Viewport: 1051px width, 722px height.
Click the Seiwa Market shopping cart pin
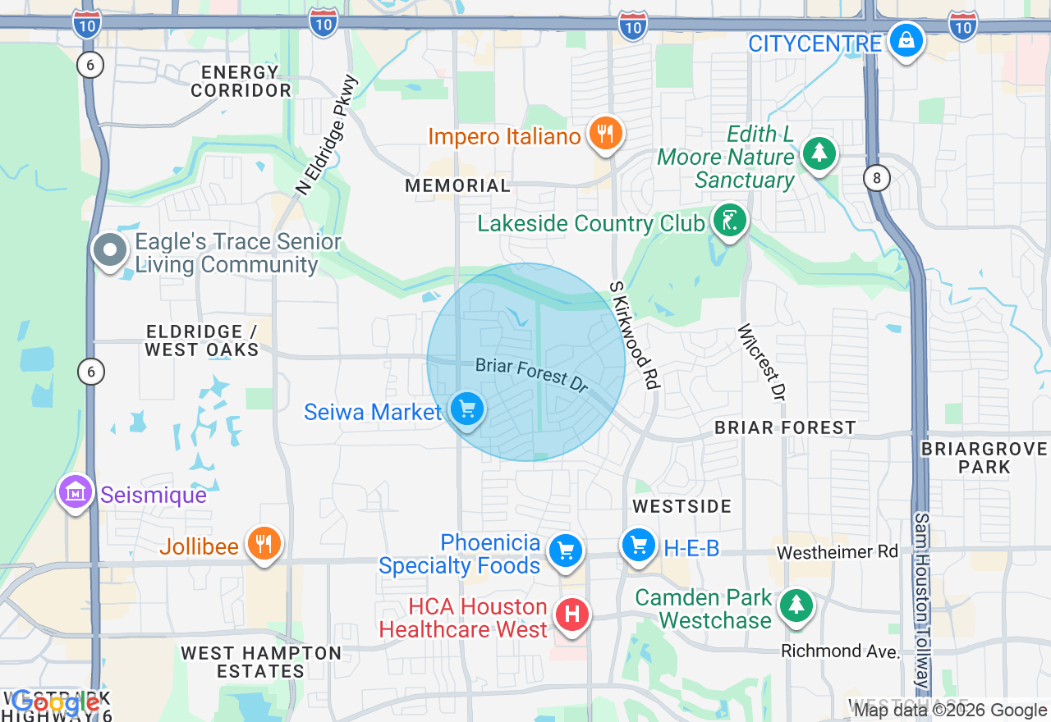pos(467,408)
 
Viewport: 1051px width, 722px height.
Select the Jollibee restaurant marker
pos(264,543)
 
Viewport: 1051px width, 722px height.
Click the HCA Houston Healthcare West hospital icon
pos(572,615)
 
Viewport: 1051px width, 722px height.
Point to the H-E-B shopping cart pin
pos(638,546)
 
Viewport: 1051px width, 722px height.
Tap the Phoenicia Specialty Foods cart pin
pos(565,551)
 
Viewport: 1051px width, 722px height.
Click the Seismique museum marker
pos(76,491)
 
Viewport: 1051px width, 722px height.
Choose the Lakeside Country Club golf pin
pos(728,220)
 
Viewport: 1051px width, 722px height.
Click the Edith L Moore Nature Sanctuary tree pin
pos(818,153)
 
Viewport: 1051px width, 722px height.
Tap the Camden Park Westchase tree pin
pos(795,605)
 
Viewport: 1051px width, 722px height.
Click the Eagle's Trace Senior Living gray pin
pos(109,250)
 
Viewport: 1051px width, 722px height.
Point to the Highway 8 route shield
pos(877,178)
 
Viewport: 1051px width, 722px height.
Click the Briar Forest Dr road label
pos(532,374)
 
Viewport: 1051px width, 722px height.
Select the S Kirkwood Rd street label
pos(634,336)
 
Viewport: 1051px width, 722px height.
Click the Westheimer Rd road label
pos(838,552)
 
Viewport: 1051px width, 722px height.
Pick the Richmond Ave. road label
pos(840,651)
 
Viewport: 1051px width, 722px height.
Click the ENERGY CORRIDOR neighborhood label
pos(241,81)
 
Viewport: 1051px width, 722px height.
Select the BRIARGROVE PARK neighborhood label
pos(984,458)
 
